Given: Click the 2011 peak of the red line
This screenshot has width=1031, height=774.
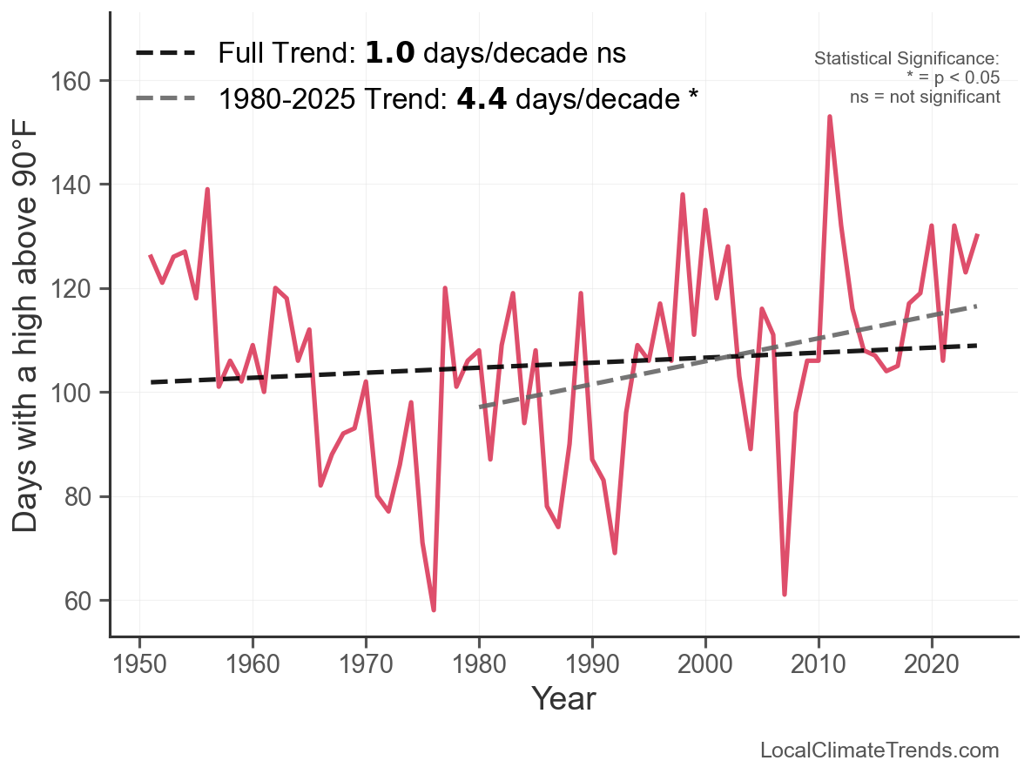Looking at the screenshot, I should (830, 117).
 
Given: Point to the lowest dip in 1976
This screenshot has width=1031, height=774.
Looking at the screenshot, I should (434, 609).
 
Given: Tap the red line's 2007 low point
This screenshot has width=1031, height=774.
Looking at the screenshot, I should (785, 594).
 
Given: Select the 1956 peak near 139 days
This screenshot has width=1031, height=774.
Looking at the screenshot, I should (207, 190).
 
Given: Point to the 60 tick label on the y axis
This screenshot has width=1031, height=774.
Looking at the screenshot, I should (83, 602).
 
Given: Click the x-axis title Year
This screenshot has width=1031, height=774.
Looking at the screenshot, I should (563, 698).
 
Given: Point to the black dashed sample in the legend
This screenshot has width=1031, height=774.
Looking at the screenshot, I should (166, 54).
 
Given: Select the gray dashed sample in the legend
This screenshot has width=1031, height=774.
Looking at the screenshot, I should (166, 99).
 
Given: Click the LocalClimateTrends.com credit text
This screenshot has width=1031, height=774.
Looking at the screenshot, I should (879, 750).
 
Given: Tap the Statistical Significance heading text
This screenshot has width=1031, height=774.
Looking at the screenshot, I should (906, 59).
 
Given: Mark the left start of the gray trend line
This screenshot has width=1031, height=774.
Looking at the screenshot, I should (480, 407).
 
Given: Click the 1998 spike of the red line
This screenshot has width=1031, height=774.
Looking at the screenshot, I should (683, 195).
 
